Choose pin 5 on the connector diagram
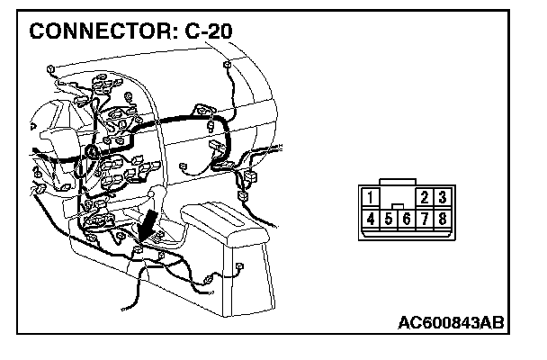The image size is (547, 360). point(389,219)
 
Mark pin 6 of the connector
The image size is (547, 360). point(407,219)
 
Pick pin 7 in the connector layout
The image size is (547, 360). point(425,218)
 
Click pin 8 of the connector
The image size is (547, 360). point(442,218)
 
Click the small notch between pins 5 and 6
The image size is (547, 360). point(398,207)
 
